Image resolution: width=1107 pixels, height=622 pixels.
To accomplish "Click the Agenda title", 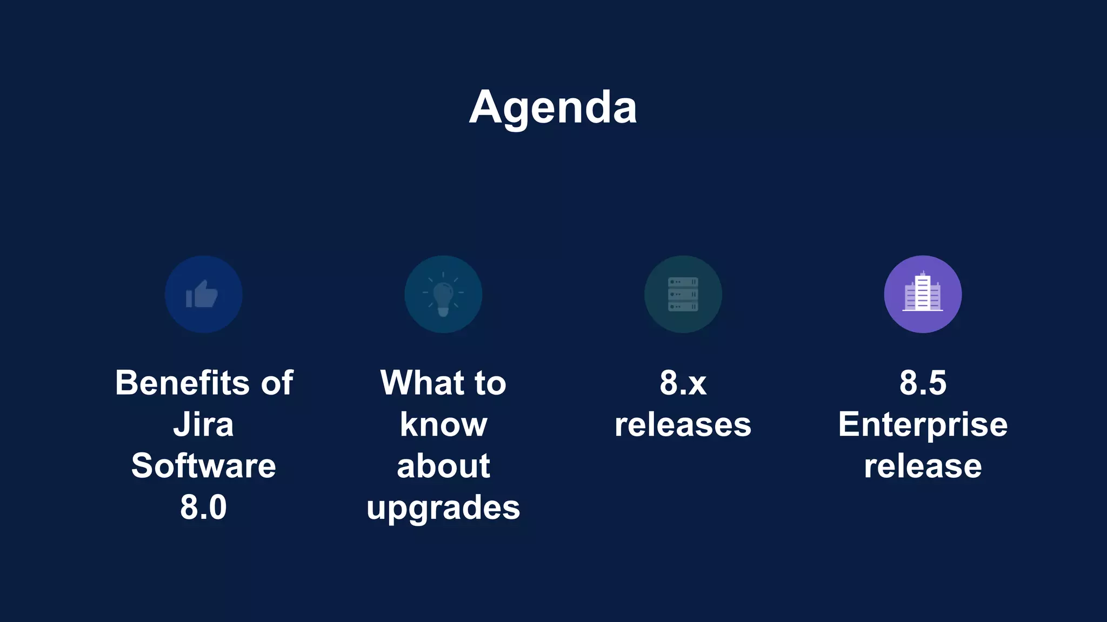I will tap(553, 107).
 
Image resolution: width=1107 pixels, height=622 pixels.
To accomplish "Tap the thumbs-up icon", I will tap(203, 294).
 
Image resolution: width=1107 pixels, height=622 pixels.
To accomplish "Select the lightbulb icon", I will tap(443, 294).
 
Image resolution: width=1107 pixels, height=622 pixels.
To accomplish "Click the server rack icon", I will tap(683, 294).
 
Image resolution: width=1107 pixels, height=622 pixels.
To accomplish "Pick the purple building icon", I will tap(923, 294).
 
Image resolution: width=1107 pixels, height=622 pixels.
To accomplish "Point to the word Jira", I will tap(203, 424).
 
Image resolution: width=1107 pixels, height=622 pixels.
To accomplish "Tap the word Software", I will tap(203, 465).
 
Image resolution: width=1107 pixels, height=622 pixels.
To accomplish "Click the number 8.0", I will tap(203, 507).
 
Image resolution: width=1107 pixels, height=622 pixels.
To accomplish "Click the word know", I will tap(443, 424).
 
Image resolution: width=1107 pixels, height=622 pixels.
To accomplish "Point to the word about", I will tap(443, 465).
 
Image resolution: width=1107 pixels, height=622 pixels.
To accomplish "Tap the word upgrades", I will tap(443, 508).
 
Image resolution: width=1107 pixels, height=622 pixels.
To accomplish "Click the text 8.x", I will tap(683, 383).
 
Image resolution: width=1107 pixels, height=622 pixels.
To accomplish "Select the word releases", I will tap(683, 424).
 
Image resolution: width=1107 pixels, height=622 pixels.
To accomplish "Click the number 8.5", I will tap(923, 383).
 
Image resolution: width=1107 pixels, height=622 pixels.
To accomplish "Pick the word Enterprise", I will tap(923, 424).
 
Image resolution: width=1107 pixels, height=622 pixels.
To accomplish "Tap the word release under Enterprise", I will tap(923, 466).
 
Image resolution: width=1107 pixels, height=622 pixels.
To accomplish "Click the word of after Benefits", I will tap(277, 383).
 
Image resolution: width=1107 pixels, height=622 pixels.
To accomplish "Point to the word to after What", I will tap(490, 383).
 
